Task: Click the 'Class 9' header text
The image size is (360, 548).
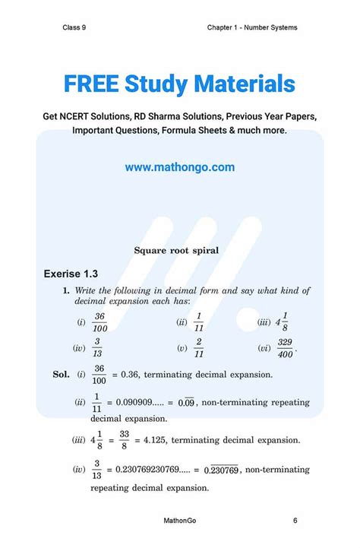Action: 74,28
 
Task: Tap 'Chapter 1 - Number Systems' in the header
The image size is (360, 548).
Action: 251,28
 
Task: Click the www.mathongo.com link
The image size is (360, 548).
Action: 180,167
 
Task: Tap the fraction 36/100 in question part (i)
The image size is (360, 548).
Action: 99,322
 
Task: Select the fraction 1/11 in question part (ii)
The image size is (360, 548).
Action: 199,322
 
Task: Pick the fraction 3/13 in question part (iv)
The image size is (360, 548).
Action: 98,348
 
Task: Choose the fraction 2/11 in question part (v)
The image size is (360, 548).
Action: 199,348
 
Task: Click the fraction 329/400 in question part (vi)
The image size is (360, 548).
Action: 286,348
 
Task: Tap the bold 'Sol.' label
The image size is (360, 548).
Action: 61,375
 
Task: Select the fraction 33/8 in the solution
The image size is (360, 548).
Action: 124,440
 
